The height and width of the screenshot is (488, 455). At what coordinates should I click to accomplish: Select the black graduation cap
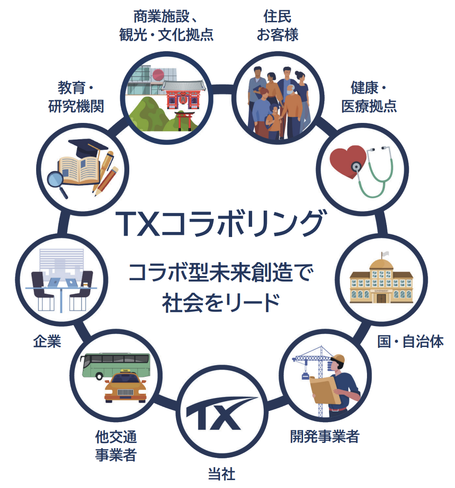tap(88, 148)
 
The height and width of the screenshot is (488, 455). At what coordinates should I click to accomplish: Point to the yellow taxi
tap(125, 386)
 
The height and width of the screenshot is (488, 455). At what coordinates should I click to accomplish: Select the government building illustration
tap(381, 282)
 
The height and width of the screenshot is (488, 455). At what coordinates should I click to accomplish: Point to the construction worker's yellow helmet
tap(339, 359)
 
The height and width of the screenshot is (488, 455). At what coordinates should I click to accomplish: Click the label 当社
tap(221, 474)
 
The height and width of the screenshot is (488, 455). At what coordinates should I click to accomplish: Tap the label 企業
tap(47, 341)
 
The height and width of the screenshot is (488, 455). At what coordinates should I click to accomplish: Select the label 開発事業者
tap(325, 437)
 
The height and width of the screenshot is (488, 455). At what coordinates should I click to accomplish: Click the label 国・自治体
tap(411, 341)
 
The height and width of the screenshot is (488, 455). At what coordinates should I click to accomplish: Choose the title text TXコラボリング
tap(221, 224)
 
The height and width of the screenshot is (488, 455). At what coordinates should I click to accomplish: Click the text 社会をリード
tap(221, 303)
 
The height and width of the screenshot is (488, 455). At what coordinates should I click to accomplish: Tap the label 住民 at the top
tap(277, 16)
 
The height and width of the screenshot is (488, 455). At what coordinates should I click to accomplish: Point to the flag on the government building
tap(385, 254)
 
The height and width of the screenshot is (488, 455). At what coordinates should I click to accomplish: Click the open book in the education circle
tap(79, 171)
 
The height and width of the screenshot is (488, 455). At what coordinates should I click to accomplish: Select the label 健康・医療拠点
tap(369, 97)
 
